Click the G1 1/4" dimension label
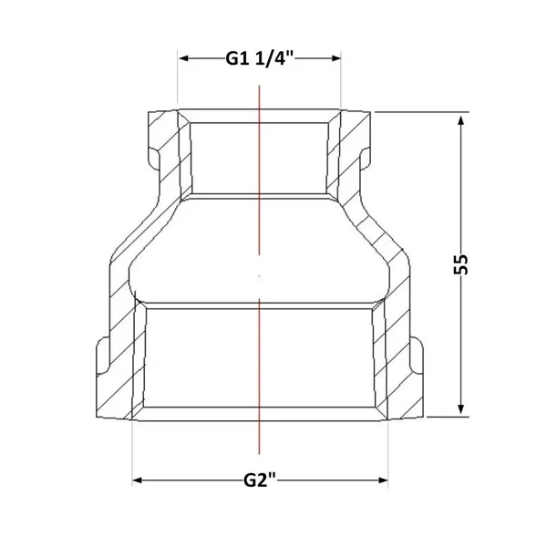[260, 58]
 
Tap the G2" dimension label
[260, 480]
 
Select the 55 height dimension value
[460, 264]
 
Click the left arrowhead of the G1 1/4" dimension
[184, 58]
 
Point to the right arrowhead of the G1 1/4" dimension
[335, 58]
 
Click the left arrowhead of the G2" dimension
[138, 480]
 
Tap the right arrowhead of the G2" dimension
[383, 480]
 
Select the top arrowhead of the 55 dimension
[460, 120]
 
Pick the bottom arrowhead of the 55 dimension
[460, 408]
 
